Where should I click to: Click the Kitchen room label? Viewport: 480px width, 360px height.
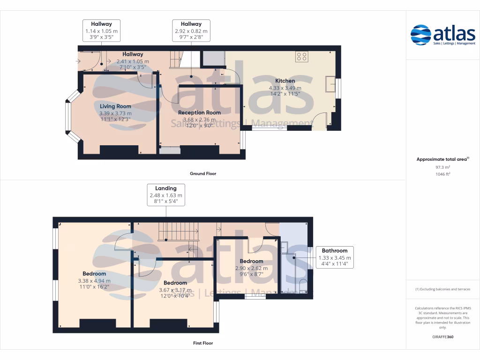pyautogui.click(x=285, y=81)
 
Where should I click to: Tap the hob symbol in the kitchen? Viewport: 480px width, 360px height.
pyautogui.click(x=302, y=57)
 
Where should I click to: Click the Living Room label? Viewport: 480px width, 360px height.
pyautogui.click(x=115, y=106)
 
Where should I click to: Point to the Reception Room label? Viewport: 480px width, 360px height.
pyautogui.click(x=199, y=112)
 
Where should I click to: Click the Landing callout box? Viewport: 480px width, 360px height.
pyautogui.click(x=166, y=195)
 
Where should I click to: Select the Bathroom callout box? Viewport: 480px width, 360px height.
pyautogui.click(x=334, y=257)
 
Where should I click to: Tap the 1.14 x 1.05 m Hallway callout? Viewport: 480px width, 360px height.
pyautogui.click(x=101, y=30)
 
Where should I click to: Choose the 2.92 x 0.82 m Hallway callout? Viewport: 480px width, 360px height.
pyautogui.click(x=191, y=30)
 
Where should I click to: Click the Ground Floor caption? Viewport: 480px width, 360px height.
pyautogui.click(x=203, y=173)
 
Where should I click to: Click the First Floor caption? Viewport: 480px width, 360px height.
pyautogui.click(x=203, y=343)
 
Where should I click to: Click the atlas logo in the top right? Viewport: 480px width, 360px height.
pyautogui.click(x=442, y=35)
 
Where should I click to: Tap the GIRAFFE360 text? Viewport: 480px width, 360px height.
pyautogui.click(x=442, y=337)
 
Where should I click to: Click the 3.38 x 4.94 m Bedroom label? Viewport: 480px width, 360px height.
pyautogui.click(x=94, y=273)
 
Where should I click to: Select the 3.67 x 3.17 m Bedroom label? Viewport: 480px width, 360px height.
pyautogui.click(x=175, y=283)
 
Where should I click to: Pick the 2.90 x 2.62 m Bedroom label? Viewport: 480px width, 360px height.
pyautogui.click(x=251, y=261)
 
